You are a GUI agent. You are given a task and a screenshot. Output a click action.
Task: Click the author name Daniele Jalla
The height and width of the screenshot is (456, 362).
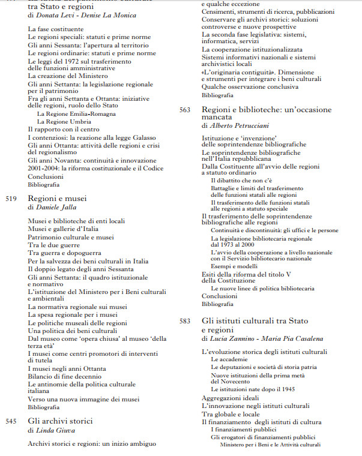click(x=58, y=207)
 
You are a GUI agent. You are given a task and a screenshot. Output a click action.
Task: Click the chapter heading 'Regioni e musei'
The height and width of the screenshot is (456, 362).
click(x=57, y=198)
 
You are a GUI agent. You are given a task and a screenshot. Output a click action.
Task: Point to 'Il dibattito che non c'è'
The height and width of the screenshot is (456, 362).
click(x=241, y=180)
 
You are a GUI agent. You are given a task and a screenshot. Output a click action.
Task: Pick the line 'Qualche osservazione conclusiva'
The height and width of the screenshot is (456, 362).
click(x=249, y=87)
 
